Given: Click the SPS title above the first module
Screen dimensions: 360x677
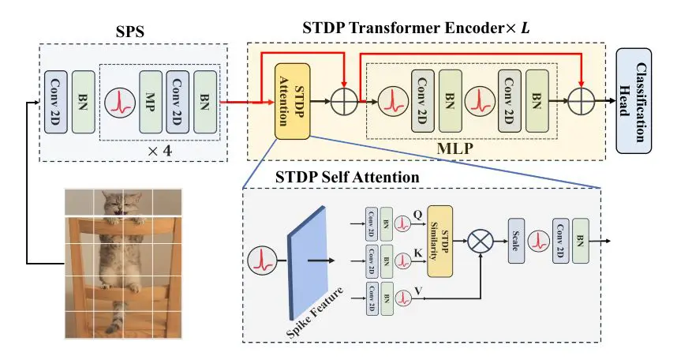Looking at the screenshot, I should pos(132,32).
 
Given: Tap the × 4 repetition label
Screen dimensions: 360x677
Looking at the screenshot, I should pos(162,148).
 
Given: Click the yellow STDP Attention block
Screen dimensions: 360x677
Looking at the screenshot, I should pos(291,102).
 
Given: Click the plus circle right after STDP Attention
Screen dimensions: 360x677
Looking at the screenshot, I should pos(344,102).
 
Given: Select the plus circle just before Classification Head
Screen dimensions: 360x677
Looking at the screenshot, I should pos(582,102).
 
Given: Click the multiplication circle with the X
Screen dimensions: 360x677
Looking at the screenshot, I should pos(480,242).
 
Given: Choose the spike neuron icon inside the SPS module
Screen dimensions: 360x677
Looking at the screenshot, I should pos(118,102).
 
